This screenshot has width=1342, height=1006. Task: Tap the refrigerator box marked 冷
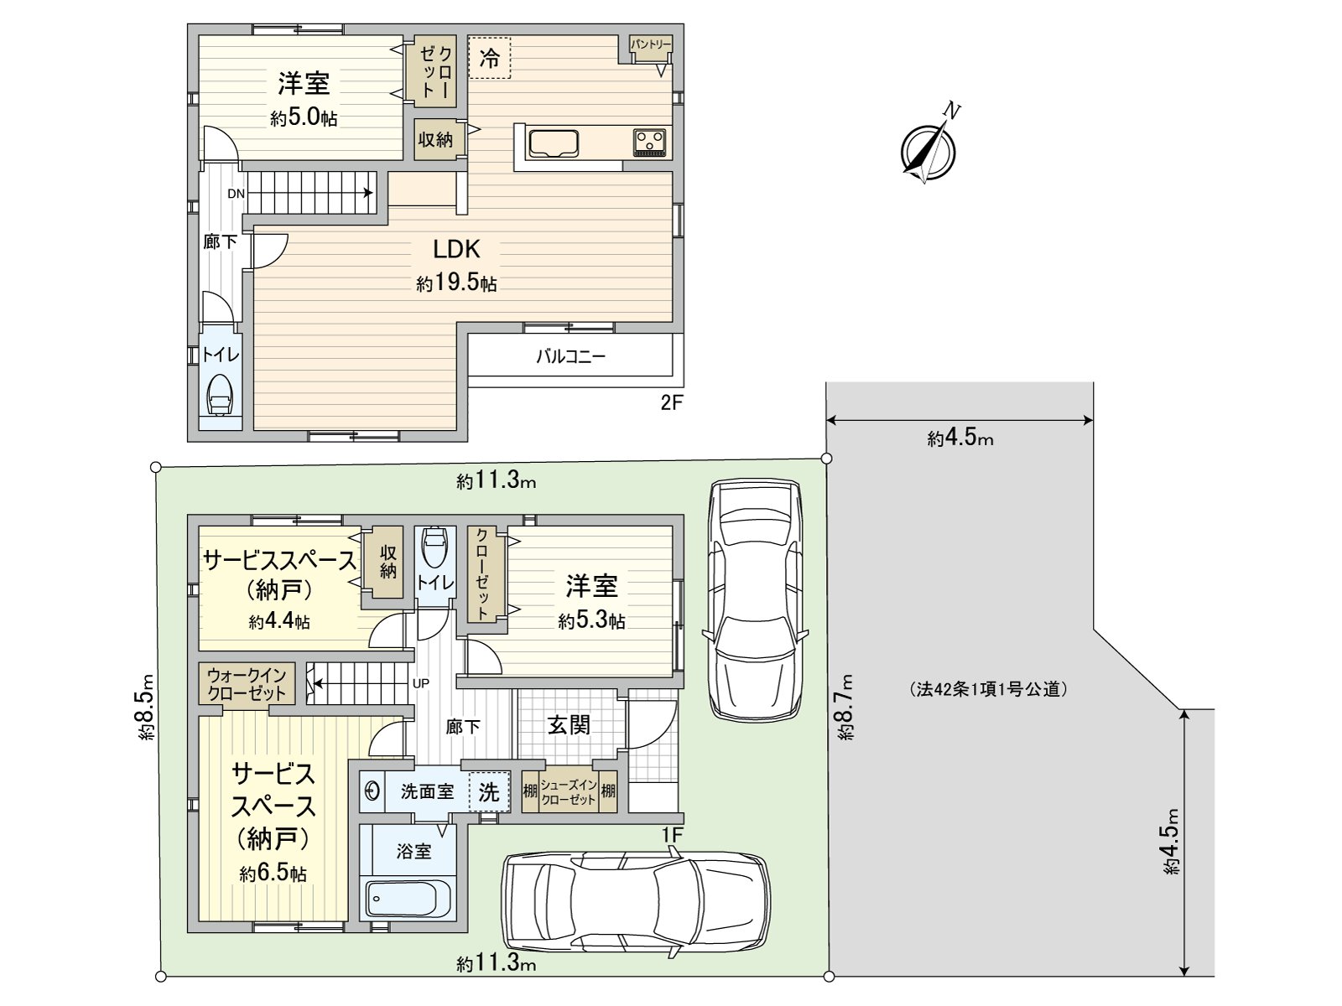point(489,58)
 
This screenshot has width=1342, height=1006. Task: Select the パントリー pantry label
point(651,44)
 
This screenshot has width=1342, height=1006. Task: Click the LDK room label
point(456,249)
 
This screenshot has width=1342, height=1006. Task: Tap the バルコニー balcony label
point(570,357)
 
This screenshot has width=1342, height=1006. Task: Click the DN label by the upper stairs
point(236,194)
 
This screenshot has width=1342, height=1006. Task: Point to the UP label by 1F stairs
point(421,683)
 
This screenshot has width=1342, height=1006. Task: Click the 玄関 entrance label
point(569,725)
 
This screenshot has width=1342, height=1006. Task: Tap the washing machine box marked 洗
point(489,792)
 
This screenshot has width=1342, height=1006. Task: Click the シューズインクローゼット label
point(569,792)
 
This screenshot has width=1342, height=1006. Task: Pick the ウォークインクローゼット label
point(247,684)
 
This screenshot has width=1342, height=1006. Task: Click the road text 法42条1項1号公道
point(989,690)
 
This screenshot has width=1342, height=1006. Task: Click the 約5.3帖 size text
point(591,621)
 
